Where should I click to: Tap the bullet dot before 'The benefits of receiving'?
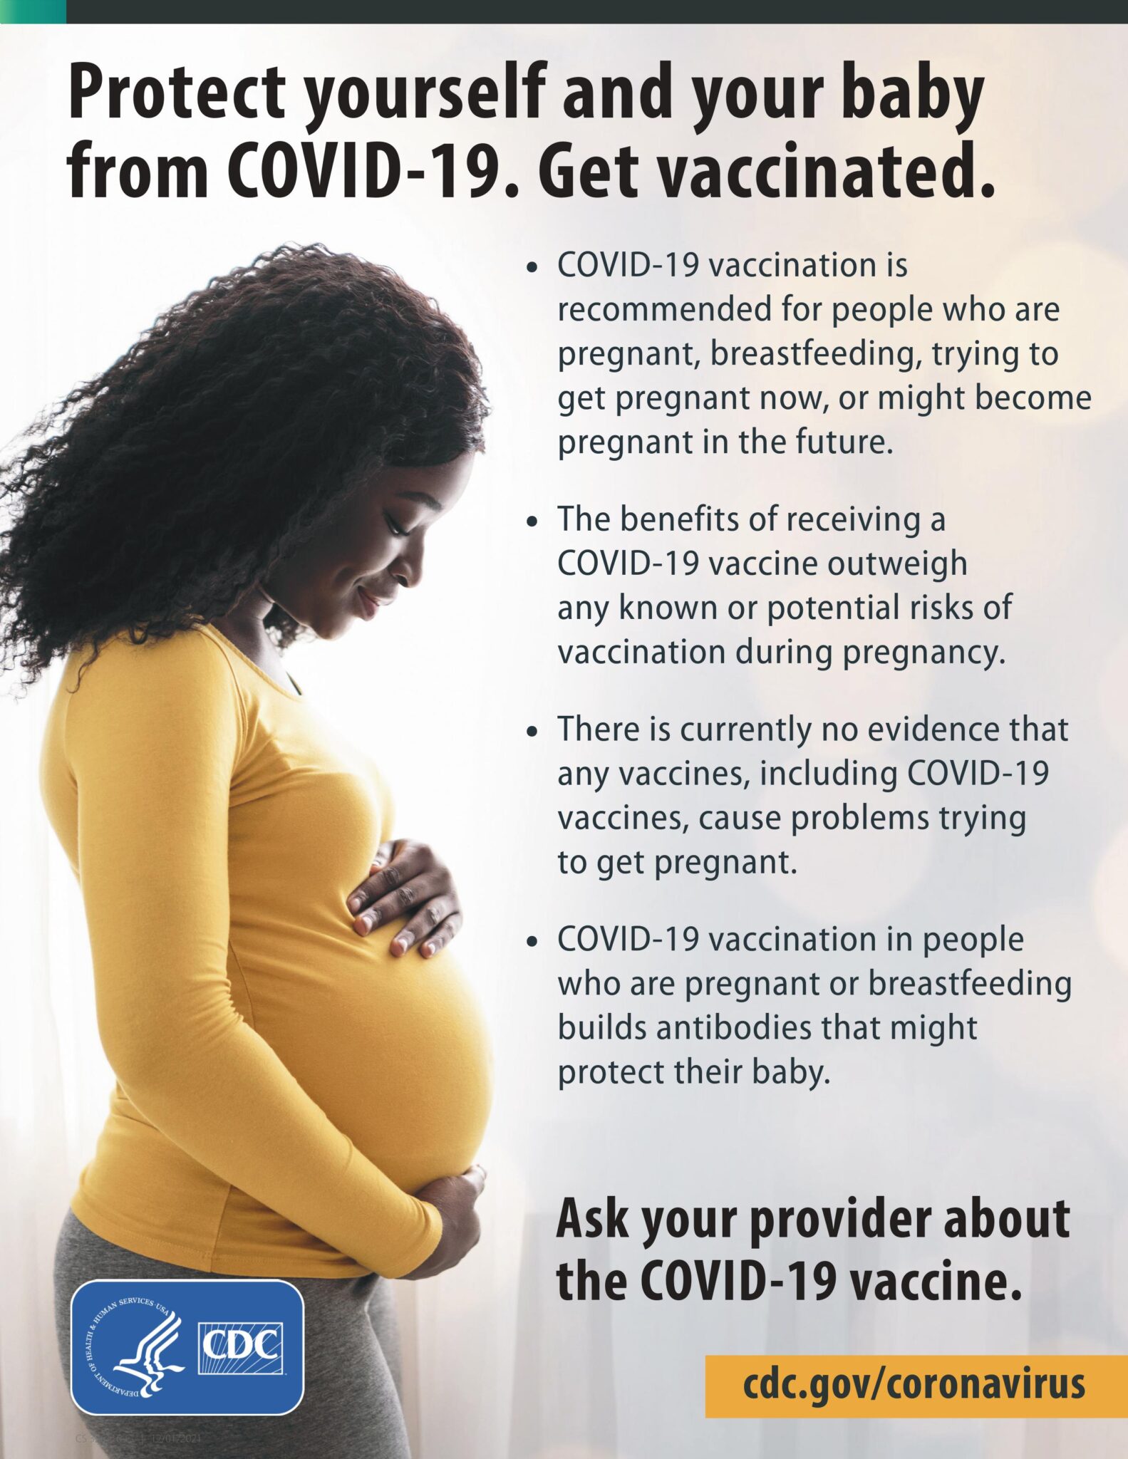click(531, 522)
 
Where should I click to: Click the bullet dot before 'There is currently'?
click(531, 732)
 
